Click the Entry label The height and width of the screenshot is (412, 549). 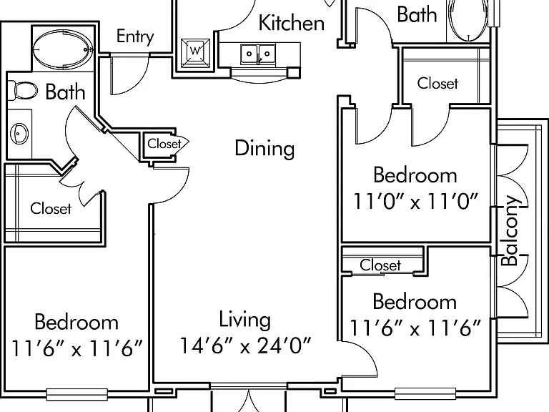[135, 36]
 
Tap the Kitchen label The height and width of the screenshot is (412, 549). [292, 23]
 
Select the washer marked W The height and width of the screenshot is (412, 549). [195, 53]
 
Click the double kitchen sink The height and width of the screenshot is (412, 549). [257, 54]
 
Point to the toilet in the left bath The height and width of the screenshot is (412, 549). [22, 90]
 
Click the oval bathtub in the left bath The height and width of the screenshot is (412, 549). [63, 49]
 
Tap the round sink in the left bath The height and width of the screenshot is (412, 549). [19, 134]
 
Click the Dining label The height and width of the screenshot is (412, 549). [264, 148]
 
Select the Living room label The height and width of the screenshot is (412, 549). [244, 320]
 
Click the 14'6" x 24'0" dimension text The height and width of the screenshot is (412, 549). [245, 345]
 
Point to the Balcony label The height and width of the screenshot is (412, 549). [510, 230]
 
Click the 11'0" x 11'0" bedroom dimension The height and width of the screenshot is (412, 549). [415, 201]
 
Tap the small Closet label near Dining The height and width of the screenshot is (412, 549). [164, 144]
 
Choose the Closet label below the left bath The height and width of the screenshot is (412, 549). [51, 208]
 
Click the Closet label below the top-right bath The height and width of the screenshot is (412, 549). [437, 84]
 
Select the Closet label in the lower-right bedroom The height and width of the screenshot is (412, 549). [380, 265]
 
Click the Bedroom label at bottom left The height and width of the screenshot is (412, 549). [76, 322]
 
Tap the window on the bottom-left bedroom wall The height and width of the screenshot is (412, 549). [77, 395]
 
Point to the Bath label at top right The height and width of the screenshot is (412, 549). [417, 15]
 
